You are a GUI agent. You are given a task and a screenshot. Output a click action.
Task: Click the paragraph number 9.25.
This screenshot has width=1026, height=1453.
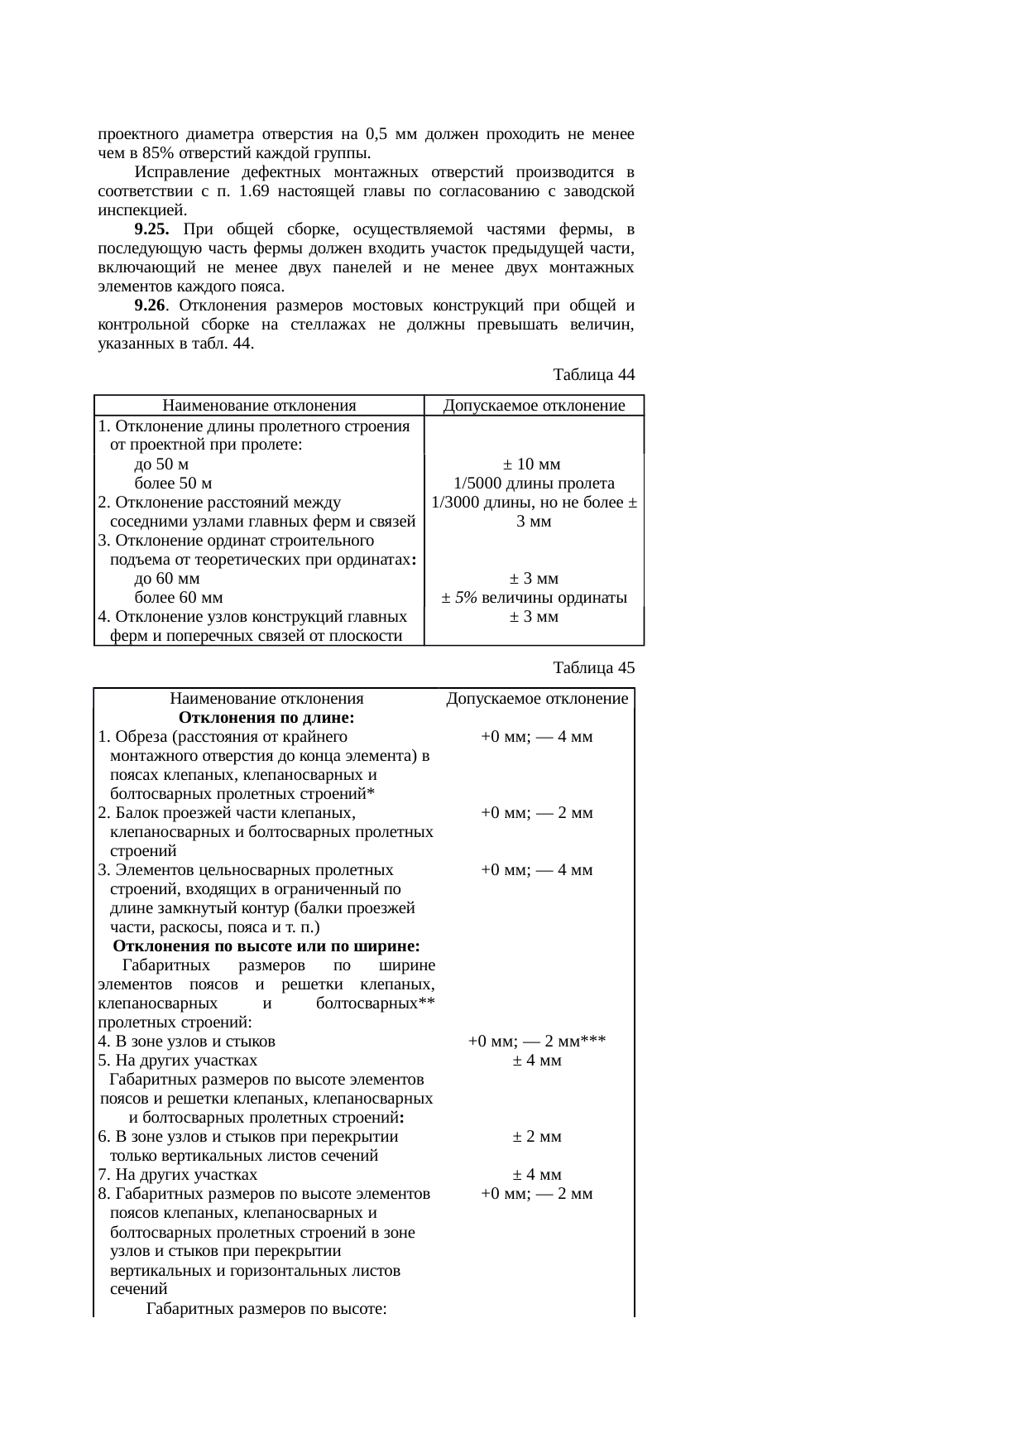(x=151, y=229)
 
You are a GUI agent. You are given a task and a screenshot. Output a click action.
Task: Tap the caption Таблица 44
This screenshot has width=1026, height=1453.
(x=593, y=375)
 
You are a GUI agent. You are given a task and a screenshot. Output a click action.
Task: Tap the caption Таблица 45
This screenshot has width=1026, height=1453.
(x=593, y=667)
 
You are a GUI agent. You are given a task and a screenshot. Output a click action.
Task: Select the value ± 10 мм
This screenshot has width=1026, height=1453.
(x=534, y=464)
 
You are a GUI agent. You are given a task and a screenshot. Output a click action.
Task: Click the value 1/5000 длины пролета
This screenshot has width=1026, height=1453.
(x=534, y=484)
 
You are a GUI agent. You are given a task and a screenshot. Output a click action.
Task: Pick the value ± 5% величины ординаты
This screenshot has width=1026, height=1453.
(x=534, y=598)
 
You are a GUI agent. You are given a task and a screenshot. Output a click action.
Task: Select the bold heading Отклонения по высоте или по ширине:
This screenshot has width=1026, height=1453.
(x=266, y=946)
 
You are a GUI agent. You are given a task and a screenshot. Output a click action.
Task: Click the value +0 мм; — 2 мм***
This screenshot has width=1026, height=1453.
(x=537, y=1042)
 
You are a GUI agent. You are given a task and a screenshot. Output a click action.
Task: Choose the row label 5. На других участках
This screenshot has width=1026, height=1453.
(x=178, y=1061)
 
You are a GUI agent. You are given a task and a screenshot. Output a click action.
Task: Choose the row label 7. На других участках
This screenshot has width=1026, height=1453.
(x=178, y=1175)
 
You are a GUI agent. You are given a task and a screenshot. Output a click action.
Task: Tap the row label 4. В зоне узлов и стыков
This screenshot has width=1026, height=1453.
(x=187, y=1042)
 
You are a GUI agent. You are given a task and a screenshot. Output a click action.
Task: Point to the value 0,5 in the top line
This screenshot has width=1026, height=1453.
(x=376, y=134)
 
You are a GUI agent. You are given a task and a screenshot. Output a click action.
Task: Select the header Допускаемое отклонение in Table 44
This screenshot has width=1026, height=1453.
(x=534, y=406)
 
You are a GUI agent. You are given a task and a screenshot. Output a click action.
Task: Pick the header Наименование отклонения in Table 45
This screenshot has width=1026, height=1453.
(x=266, y=699)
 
